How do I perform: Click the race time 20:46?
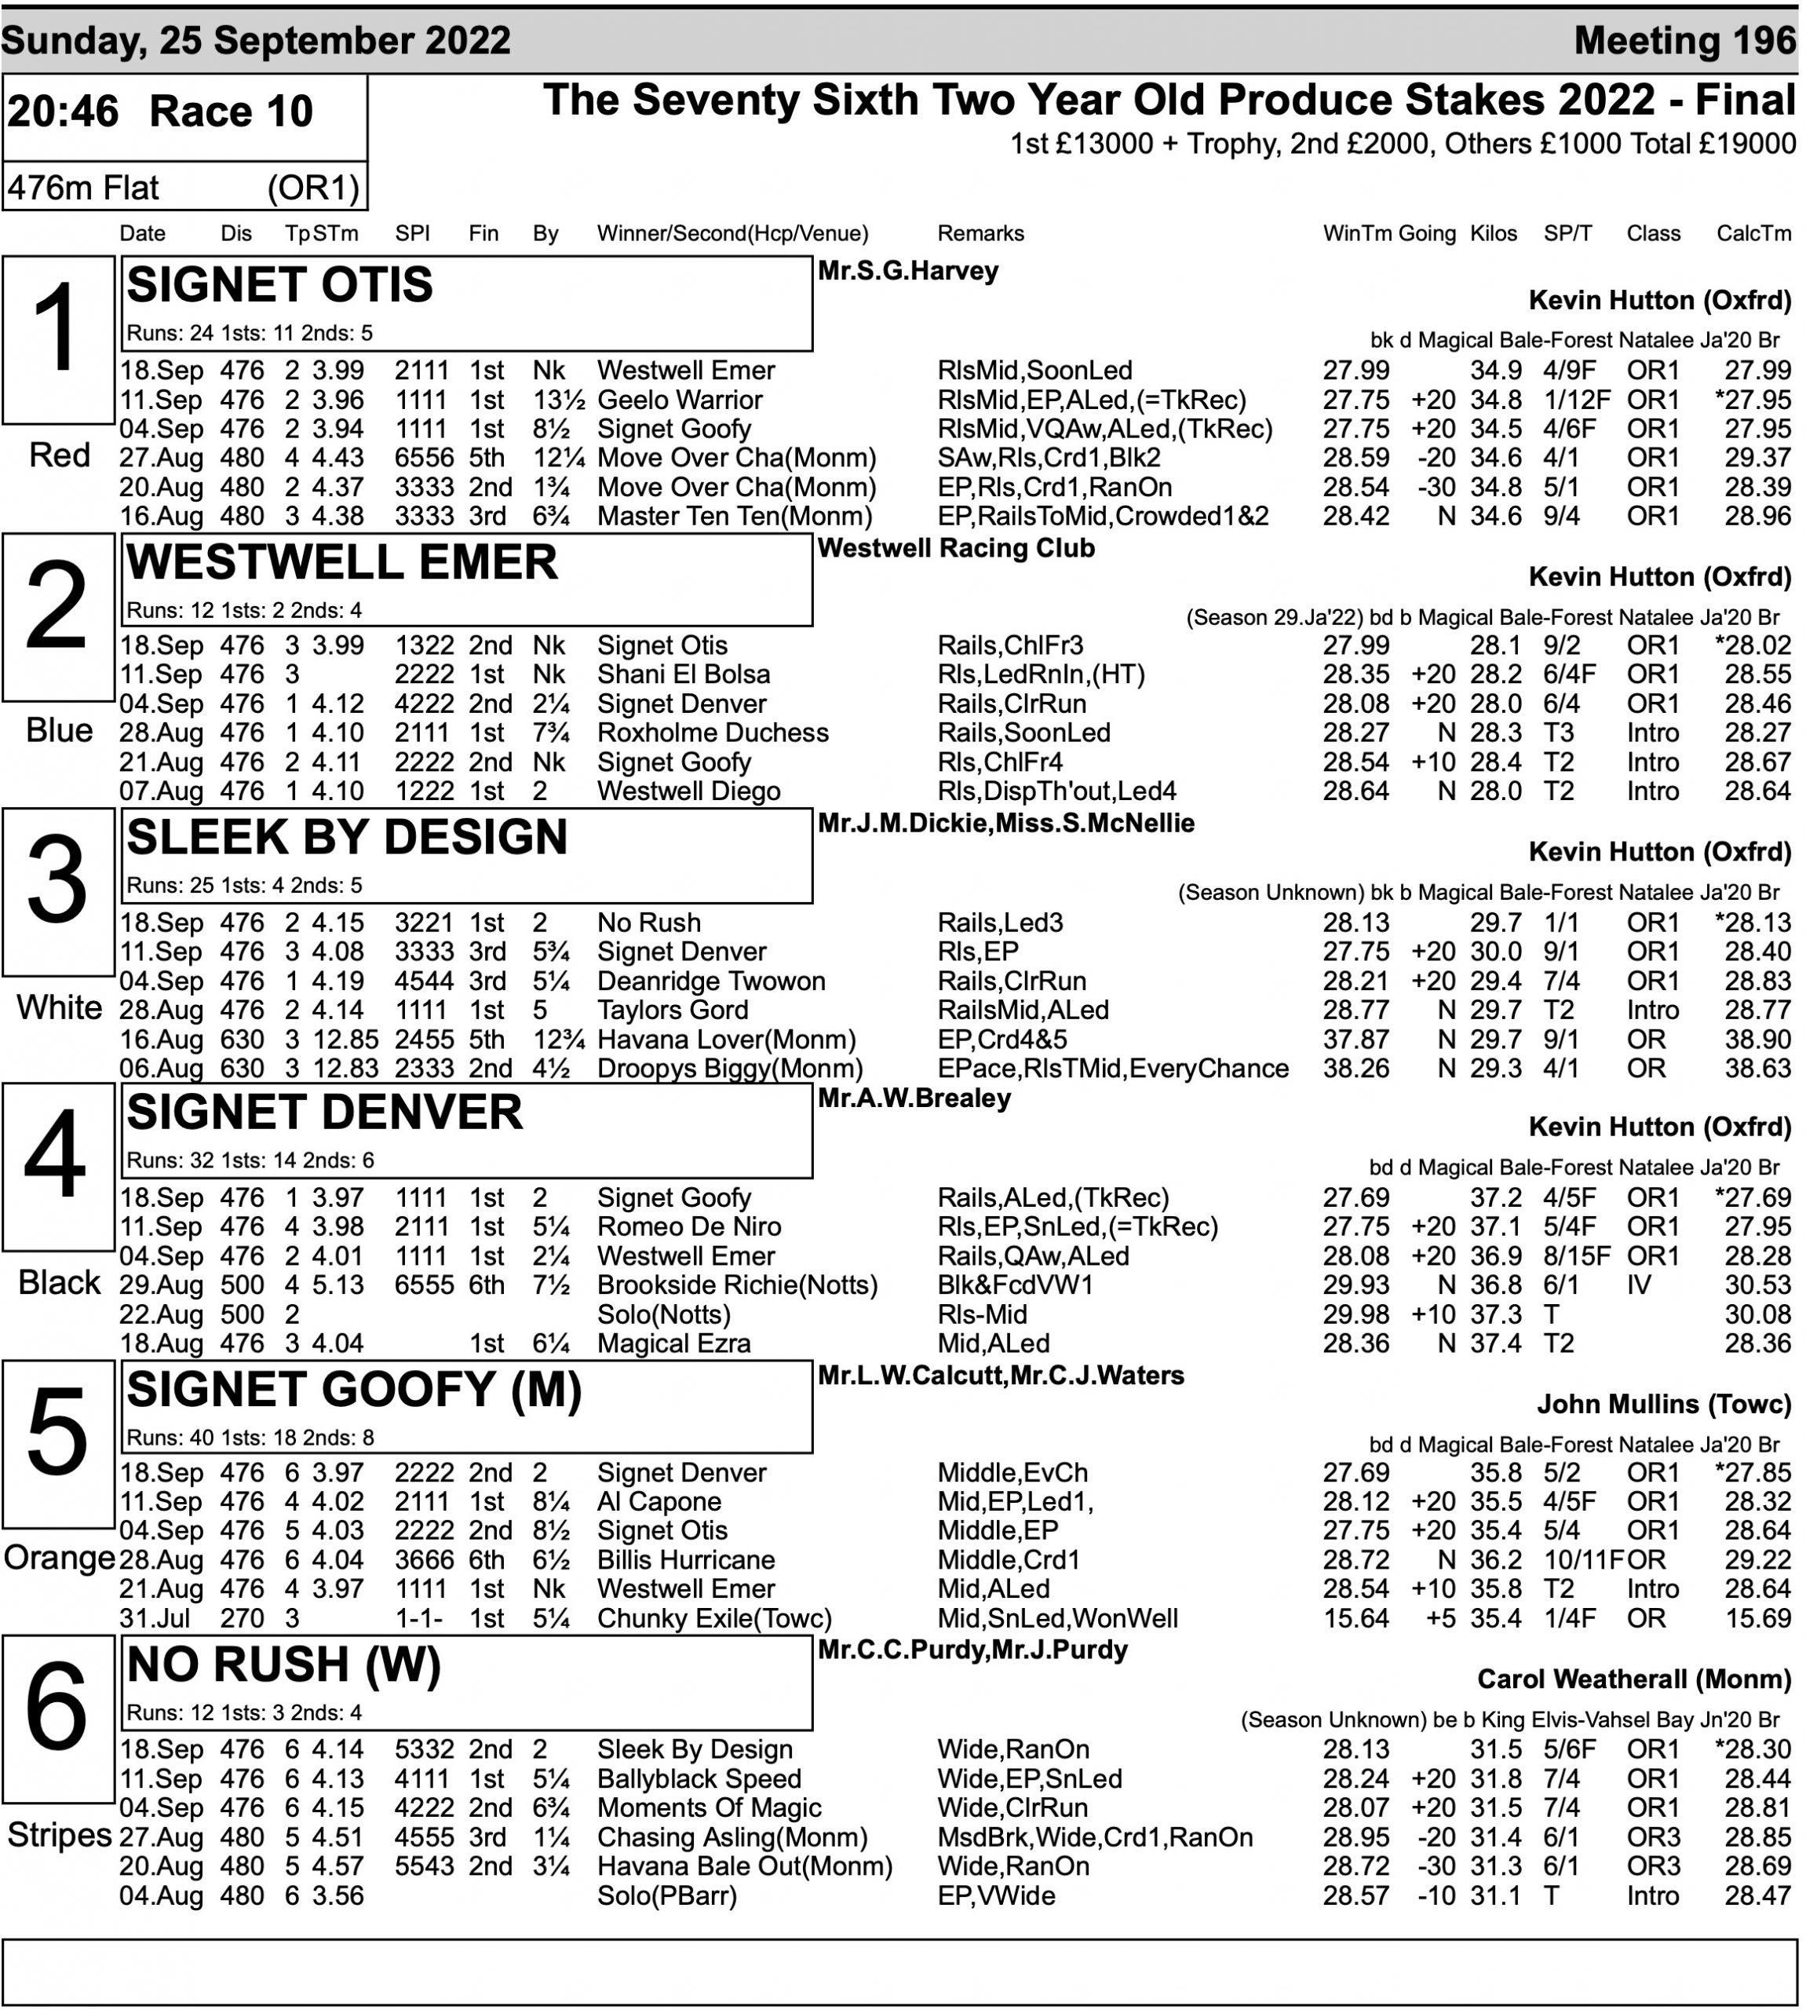point(63,111)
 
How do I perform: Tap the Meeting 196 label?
point(1684,41)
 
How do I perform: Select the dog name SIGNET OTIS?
point(280,286)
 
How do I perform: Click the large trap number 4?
point(56,1153)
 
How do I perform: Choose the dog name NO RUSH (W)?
point(284,1665)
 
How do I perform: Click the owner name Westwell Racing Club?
point(956,548)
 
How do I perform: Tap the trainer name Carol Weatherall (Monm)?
point(1633,1679)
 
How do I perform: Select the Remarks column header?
point(980,233)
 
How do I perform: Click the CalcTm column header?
point(1753,233)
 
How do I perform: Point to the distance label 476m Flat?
point(83,188)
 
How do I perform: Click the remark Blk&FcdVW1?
point(1015,1285)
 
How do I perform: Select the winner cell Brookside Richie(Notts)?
point(737,1285)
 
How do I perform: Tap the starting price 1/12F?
point(1569,400)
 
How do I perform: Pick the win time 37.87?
point(1355,1040)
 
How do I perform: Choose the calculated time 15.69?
point(1757,1618)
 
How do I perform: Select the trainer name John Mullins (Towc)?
point(1663,1404)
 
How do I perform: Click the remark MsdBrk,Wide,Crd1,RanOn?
point(1095,1837)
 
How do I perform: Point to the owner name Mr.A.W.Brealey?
point(914,1098)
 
